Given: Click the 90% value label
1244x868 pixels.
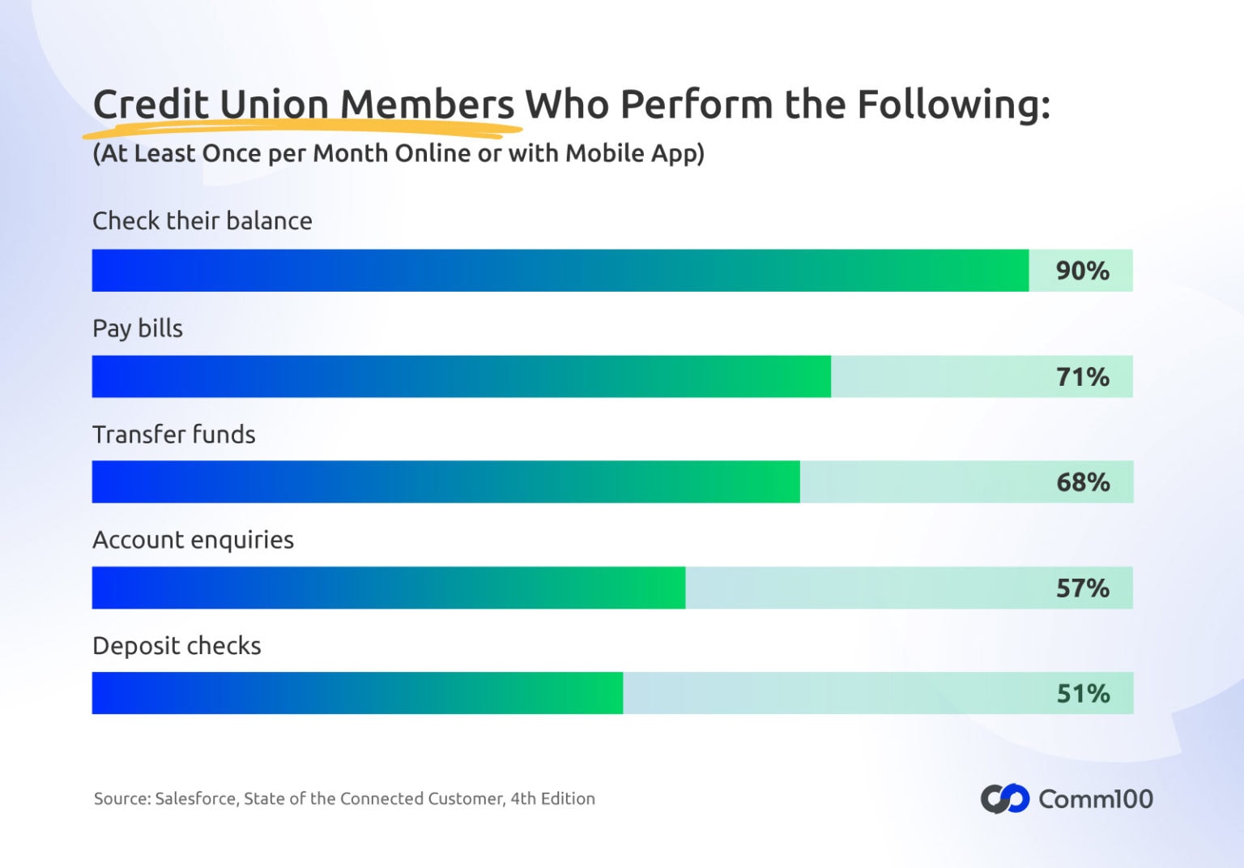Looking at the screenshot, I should [1082, 271].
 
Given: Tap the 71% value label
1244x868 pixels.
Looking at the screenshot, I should [1082, 377].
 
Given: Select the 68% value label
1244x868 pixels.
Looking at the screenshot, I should [1082, 482].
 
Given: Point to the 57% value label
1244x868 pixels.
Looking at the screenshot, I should [1082, 588].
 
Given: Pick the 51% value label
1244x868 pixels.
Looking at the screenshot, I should [1082, 694].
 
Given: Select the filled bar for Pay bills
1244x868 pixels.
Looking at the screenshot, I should [462, 377].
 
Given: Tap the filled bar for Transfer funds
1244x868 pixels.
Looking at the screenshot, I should [446, 482].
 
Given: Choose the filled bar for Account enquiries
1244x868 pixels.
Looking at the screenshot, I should [389, 588].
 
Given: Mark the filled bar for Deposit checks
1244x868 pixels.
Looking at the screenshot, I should [357, 694].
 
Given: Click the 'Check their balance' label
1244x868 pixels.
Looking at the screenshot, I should [202, 221].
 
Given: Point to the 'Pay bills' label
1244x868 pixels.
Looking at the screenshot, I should [138, 328].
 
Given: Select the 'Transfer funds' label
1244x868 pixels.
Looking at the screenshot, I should [174, 434].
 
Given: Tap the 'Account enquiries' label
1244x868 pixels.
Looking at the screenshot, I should [193, 540].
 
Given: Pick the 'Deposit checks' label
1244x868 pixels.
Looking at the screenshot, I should [177, 646].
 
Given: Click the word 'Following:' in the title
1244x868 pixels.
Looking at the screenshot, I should [953, 105].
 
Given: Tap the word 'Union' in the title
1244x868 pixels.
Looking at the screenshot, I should [274, 105].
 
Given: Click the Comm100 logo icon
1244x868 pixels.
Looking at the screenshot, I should [1004, 799].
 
